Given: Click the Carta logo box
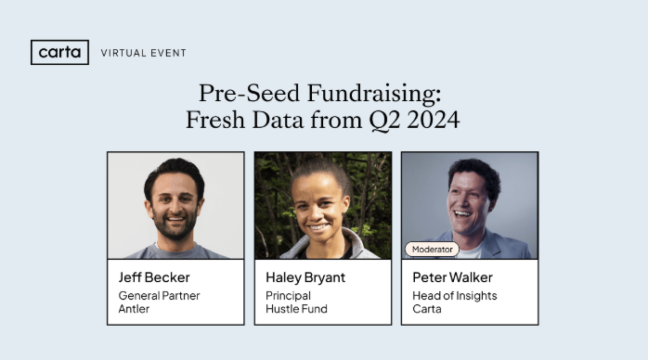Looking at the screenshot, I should (59, 52).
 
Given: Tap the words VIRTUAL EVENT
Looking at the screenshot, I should (143, 53).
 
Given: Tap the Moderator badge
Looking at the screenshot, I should (432, 249).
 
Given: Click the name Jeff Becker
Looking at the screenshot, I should (154, 276).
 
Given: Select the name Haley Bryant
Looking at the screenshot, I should (305, 276).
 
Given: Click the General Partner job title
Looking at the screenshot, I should (159, 296).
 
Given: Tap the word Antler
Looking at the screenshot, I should (134, 309).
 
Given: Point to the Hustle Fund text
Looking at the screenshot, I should (295, 309).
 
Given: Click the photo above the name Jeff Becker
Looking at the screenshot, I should (175, 205).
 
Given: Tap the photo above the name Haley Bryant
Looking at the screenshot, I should (322, 205).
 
